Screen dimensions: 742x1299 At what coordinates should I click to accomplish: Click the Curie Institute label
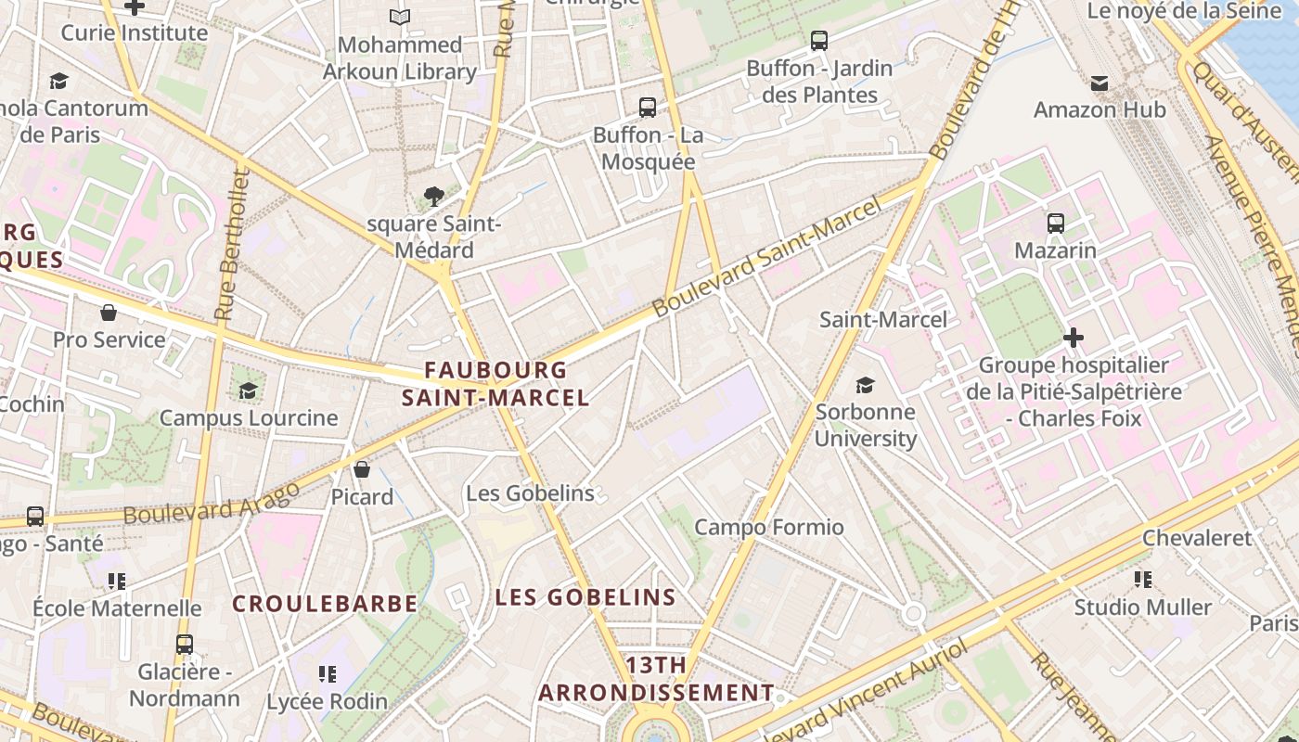pos(135,33)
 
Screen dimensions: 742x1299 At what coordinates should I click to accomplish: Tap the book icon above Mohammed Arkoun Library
pos(400,17)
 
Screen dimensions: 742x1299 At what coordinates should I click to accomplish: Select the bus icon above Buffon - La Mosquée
pos(648,108)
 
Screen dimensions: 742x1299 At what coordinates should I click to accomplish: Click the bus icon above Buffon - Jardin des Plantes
pos(818,41)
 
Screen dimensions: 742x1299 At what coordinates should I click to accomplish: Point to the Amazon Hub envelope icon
pos(1100,83)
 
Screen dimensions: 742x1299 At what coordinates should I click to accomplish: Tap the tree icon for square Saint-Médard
pos(433,196)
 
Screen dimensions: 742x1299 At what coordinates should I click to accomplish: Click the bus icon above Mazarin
pos(1055,223)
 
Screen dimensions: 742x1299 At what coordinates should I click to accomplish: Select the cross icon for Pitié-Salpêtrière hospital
pos(1074,338)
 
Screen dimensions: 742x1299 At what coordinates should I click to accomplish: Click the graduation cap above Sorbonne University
pos(865,385)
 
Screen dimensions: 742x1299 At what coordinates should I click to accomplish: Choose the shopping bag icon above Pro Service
pos(109,313)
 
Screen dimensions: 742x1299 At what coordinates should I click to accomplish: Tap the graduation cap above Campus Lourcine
pos(248,390)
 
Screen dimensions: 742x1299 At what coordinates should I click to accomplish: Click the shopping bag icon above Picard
pos(362,469)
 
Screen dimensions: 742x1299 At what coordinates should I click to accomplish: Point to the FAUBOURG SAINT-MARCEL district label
pos(495,384)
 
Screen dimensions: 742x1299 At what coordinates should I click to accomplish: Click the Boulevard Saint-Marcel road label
pos(767,257)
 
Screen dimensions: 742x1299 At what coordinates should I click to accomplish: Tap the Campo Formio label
pos(769,528)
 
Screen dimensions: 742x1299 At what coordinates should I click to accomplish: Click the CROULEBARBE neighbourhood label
pos(325,604)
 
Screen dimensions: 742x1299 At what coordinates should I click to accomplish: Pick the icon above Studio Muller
pos(1143,580)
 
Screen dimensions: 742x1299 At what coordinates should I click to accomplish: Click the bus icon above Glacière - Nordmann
pos(185,644)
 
